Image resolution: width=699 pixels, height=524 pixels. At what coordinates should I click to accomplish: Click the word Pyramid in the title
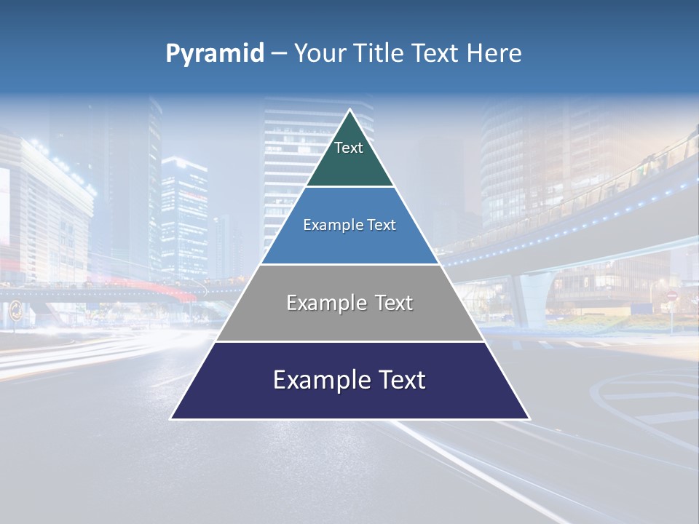(x=215, y=54)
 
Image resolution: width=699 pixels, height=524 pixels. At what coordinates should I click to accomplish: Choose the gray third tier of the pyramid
(x=349, y=320)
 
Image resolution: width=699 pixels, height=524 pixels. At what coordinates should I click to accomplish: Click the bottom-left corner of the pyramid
(x=172, y=418)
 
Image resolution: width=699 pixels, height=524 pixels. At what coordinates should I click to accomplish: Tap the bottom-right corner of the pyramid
(x=529, y=418)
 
